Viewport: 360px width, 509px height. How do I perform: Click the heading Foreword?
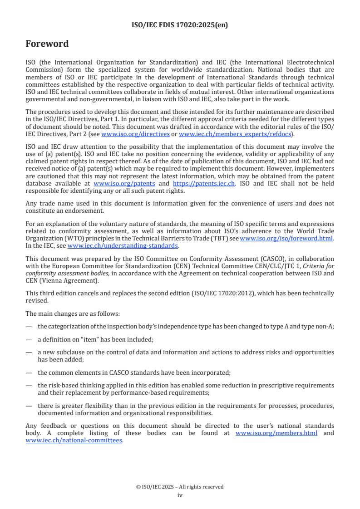coord(47,44)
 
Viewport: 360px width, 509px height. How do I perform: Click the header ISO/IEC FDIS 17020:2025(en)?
coord(180,25)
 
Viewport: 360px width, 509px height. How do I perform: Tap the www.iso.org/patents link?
coord(124,184)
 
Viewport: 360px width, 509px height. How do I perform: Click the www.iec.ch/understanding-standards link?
coord(123,245)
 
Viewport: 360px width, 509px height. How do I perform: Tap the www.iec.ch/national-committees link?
coord(74,440)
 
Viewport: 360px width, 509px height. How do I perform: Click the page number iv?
coord(180,495)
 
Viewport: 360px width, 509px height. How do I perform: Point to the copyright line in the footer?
coord(180,487)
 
